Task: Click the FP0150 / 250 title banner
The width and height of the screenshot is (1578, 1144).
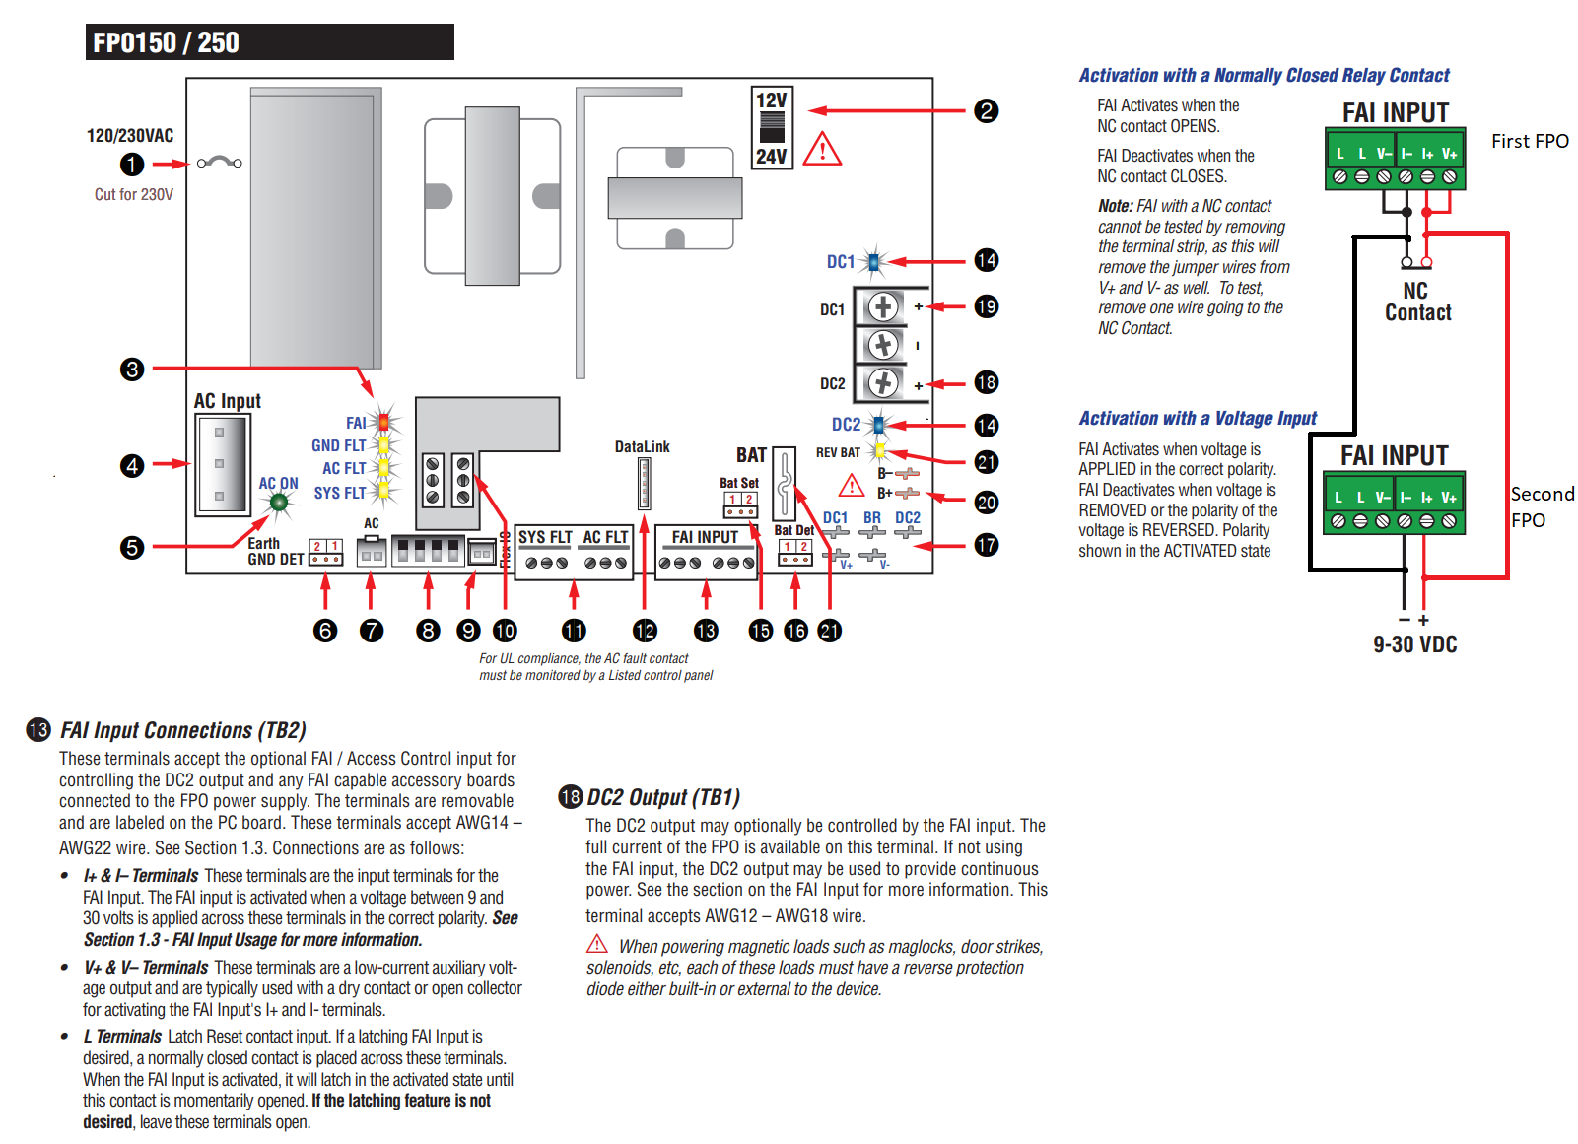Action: click(269, 42)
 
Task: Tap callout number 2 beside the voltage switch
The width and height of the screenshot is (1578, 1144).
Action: click(986, 110)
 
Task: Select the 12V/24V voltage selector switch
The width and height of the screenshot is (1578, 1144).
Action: click(772, 128)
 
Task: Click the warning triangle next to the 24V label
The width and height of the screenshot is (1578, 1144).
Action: click(822, 150)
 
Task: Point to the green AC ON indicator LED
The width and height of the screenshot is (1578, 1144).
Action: click(279, 503)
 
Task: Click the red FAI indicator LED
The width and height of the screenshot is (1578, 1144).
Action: click(383, 422)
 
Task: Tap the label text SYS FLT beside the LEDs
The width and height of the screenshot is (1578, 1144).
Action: click(340, 493)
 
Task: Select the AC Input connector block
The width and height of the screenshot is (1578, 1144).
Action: click(222, 464)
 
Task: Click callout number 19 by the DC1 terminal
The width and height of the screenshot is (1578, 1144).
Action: click(986, 306)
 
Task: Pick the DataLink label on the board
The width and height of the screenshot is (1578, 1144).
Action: click(642, 447)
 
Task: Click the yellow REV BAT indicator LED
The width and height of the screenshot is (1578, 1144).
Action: click(880, 451)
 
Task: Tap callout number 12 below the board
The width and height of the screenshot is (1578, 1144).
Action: click(645, 631)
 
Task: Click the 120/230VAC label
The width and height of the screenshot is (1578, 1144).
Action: click(130, 136)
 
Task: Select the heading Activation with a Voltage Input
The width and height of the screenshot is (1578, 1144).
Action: click(1198, 418)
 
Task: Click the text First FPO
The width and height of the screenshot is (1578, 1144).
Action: click(1529, 141)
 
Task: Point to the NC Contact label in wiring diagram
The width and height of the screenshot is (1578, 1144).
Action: click(1417, 303)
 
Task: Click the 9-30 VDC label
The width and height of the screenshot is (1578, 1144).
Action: click(1414, 644)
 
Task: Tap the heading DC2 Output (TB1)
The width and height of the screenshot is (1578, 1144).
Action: click(662, 797)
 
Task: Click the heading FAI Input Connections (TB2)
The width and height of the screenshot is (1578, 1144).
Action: click(182, 730)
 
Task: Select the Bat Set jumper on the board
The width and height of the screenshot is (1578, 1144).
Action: click(740, 505)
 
